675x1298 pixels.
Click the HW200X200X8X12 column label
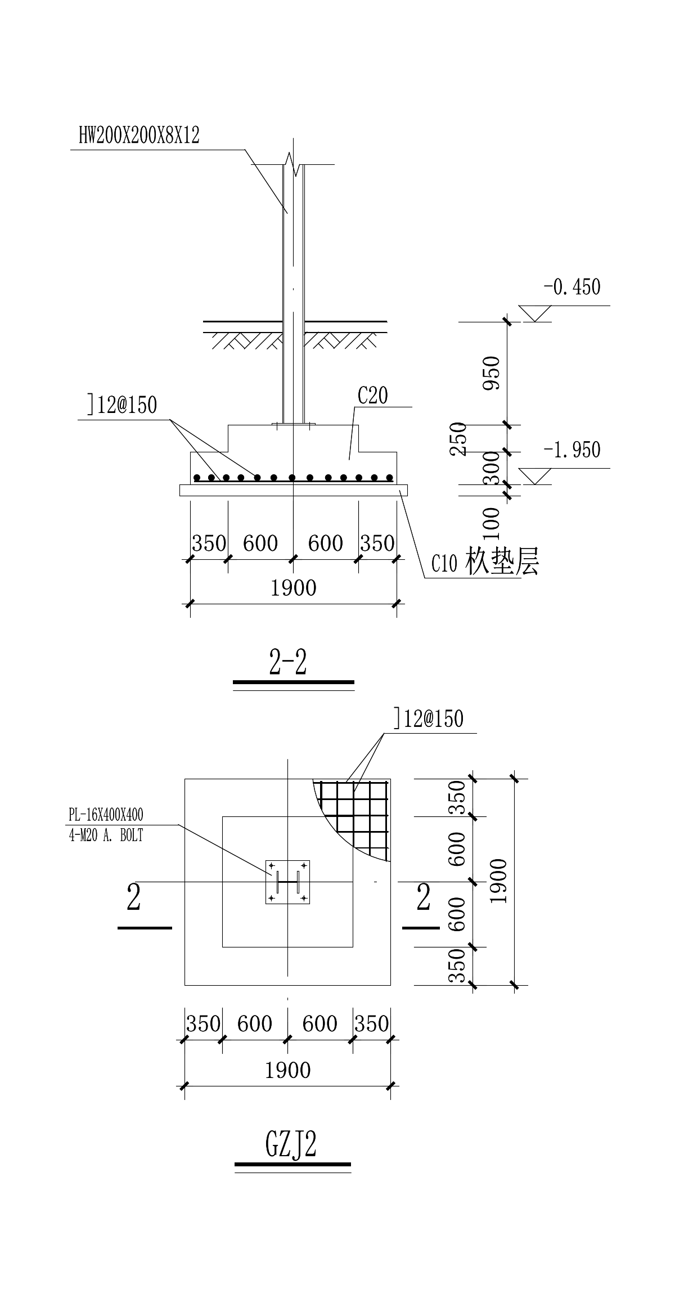click(139, 136)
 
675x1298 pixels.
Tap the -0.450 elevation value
click(571, 287)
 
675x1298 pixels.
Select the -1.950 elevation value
click(571, 450)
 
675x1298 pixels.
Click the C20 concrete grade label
click(373, 396)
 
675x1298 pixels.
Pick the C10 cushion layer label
click(485, 562)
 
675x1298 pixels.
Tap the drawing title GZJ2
click(291, 1143)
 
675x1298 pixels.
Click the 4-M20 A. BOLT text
click(106, 836)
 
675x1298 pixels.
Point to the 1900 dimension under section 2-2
click(293, 589)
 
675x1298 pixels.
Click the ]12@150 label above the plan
click(429, 718)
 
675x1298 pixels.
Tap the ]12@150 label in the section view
click(122, 405)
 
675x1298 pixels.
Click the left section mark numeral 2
click(134, 897)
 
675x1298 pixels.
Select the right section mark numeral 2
click(423, 897)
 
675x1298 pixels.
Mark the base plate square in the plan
click(288, 882)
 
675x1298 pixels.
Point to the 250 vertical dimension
click(459, 439)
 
